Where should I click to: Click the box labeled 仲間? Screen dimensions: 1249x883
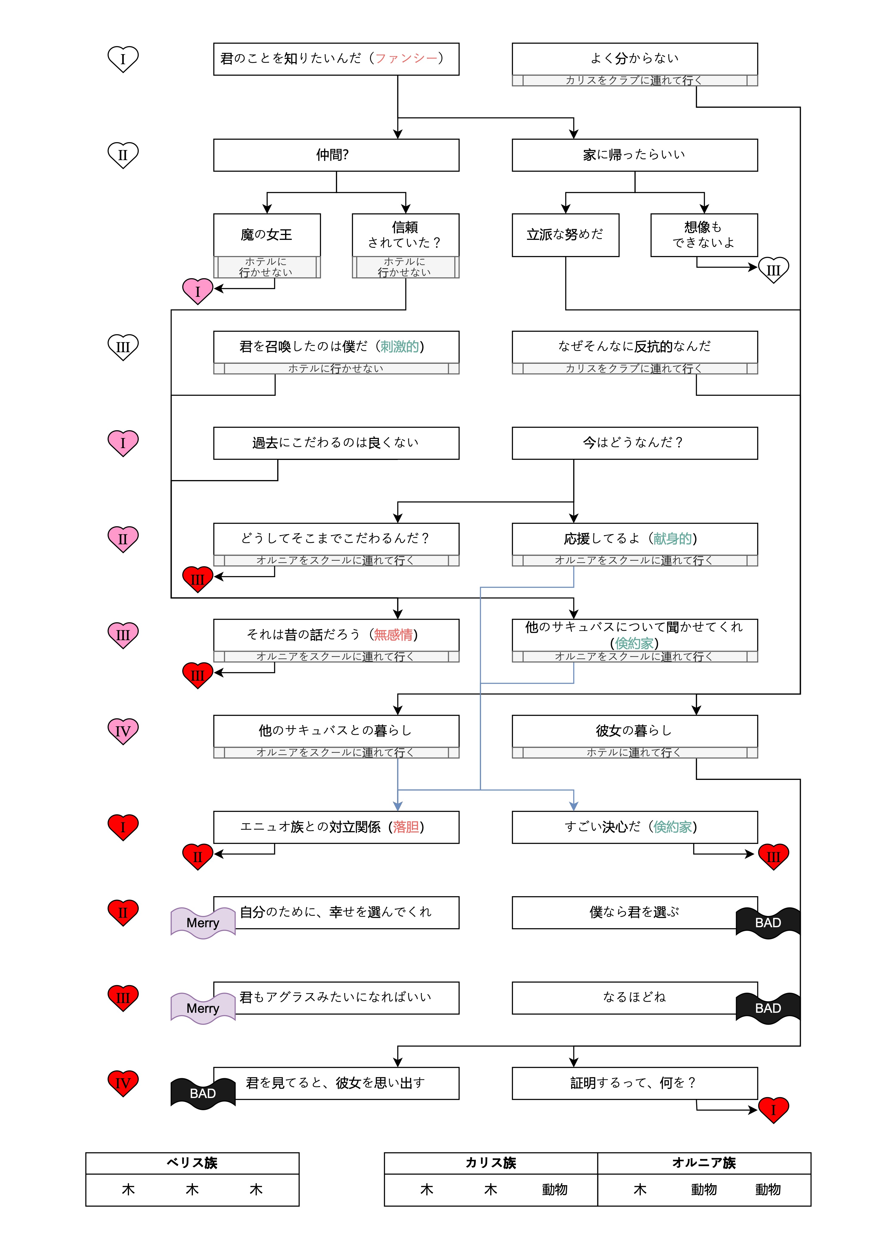coord(336,155)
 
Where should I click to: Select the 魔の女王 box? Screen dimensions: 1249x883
coord(267,234)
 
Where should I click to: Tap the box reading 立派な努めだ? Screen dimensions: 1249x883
coord(565,234)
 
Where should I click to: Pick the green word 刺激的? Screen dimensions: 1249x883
coord(400,346)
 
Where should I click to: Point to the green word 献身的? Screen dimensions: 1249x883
coord(672,539)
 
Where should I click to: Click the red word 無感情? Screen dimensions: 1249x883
coord(393,634)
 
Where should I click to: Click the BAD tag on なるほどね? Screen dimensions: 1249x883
coord(768,1008)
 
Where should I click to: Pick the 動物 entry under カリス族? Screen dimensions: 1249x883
coord(555,1190)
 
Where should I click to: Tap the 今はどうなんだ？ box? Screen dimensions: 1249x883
coord(634,443)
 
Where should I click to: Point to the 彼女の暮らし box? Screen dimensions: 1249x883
coord(634,731)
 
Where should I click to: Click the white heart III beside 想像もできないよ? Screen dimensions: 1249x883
coord(773,270)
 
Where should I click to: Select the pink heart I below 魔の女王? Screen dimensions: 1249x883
coord(197,291)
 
